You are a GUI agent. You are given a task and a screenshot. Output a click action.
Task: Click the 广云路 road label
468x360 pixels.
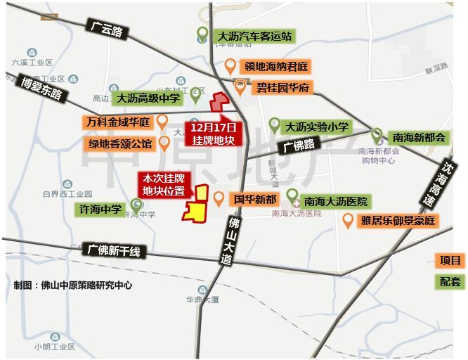click(x=107, y=30)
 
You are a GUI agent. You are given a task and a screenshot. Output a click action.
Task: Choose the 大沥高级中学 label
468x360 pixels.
click(x=148, y=98)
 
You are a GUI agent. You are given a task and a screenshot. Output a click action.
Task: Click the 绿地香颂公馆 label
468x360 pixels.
click(x=119, y=144)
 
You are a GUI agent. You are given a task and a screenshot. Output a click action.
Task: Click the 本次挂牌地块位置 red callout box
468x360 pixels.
click(x=164, y=184)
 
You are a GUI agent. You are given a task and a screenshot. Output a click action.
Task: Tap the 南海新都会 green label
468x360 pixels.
click(x=419, y=137)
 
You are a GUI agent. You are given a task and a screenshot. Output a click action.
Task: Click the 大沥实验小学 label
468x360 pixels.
click(x=316, y=127)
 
